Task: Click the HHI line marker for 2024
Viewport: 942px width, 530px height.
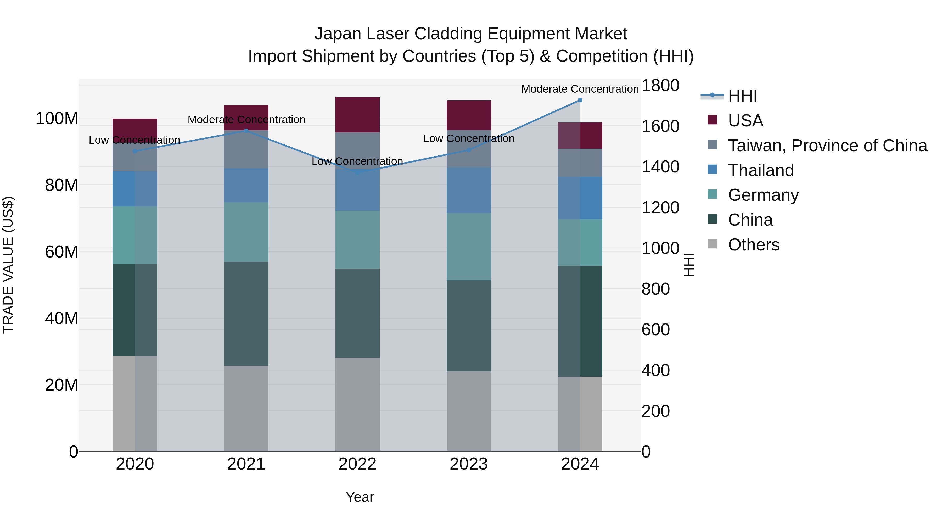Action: click(580, 100)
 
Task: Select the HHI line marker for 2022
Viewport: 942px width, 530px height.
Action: click(358, 172)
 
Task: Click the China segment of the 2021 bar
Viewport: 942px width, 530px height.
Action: click(246, 314)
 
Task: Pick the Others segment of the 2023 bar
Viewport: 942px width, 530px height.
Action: click(469, 411)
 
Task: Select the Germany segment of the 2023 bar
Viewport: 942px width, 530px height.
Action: click(469, 247)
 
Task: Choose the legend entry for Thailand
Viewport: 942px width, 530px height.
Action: click(761, 170)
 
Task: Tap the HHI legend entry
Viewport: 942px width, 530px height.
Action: click(742, 96)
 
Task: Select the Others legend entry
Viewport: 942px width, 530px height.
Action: click(753, 245)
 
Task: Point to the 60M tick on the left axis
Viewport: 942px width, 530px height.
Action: click(61, 252)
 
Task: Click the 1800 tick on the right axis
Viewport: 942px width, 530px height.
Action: click(660, 86)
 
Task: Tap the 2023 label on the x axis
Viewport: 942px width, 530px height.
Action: click(469, 464)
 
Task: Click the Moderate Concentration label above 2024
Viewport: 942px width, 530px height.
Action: click(580, 89)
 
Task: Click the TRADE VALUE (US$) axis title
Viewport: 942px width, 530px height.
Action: click(8, 265)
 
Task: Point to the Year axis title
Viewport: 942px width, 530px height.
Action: click(360, 497)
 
